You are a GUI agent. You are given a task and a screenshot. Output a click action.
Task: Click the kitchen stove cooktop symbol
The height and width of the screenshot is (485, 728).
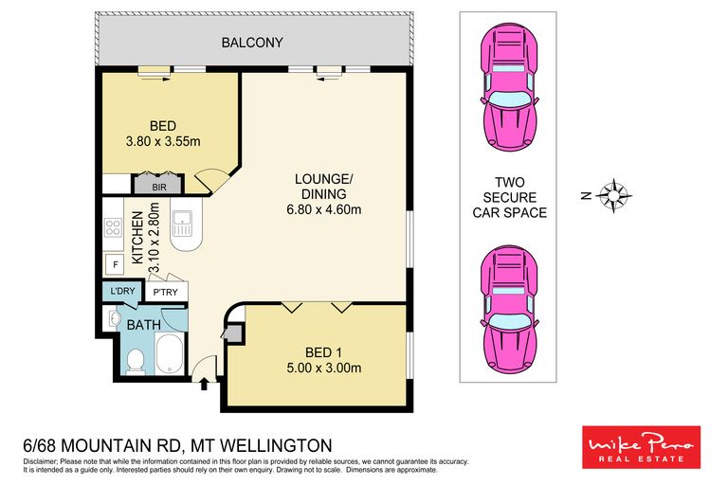pos(113,227)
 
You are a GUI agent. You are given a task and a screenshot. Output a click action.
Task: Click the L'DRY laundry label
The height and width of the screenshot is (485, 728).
pos(120,293)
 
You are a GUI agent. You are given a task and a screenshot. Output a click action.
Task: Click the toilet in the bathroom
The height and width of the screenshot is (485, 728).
pos(136,359)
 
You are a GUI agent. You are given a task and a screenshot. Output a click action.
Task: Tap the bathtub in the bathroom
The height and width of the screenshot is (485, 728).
pos(172,354)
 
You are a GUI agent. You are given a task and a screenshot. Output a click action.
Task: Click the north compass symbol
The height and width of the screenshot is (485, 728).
pos(615,195)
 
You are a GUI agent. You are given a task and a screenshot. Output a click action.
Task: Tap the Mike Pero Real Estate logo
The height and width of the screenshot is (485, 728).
pos(640,446)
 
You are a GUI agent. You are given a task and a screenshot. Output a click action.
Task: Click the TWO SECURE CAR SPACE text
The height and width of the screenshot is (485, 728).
pos(509,197)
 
